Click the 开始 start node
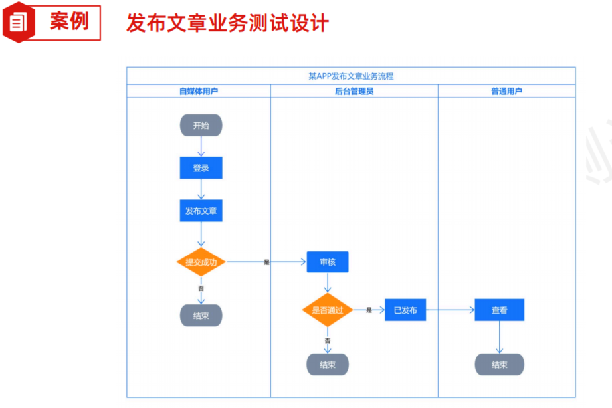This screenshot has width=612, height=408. click(201, 125)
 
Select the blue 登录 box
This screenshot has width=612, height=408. click(201, 168)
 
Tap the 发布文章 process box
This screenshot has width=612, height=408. click(201, 211)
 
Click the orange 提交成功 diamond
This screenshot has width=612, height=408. click(201, 262)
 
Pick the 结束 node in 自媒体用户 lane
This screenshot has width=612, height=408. click(201, 316)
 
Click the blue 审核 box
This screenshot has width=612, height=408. click(327, 262)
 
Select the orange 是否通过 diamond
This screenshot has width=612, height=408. click(327, 310)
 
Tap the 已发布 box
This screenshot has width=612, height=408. click(405, 310)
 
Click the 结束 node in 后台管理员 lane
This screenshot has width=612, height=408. click(327, 364)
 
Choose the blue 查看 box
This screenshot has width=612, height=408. click(499, 310)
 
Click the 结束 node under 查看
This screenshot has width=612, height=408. click(499, 364)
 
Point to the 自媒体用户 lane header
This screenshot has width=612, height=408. click(199, 91)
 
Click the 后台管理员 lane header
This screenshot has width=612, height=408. click(354, 91)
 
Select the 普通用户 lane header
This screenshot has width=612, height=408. click(506, 91)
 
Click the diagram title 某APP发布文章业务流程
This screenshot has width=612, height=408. click(351, 76)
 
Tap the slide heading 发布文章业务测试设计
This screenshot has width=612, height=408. click(227, 23)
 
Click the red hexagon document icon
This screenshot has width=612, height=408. click(17, 23)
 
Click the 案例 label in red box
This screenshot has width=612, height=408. click(68, 21)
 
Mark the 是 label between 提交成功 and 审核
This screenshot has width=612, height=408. click(266, 262)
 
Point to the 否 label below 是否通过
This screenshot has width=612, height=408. click(327, 340)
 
